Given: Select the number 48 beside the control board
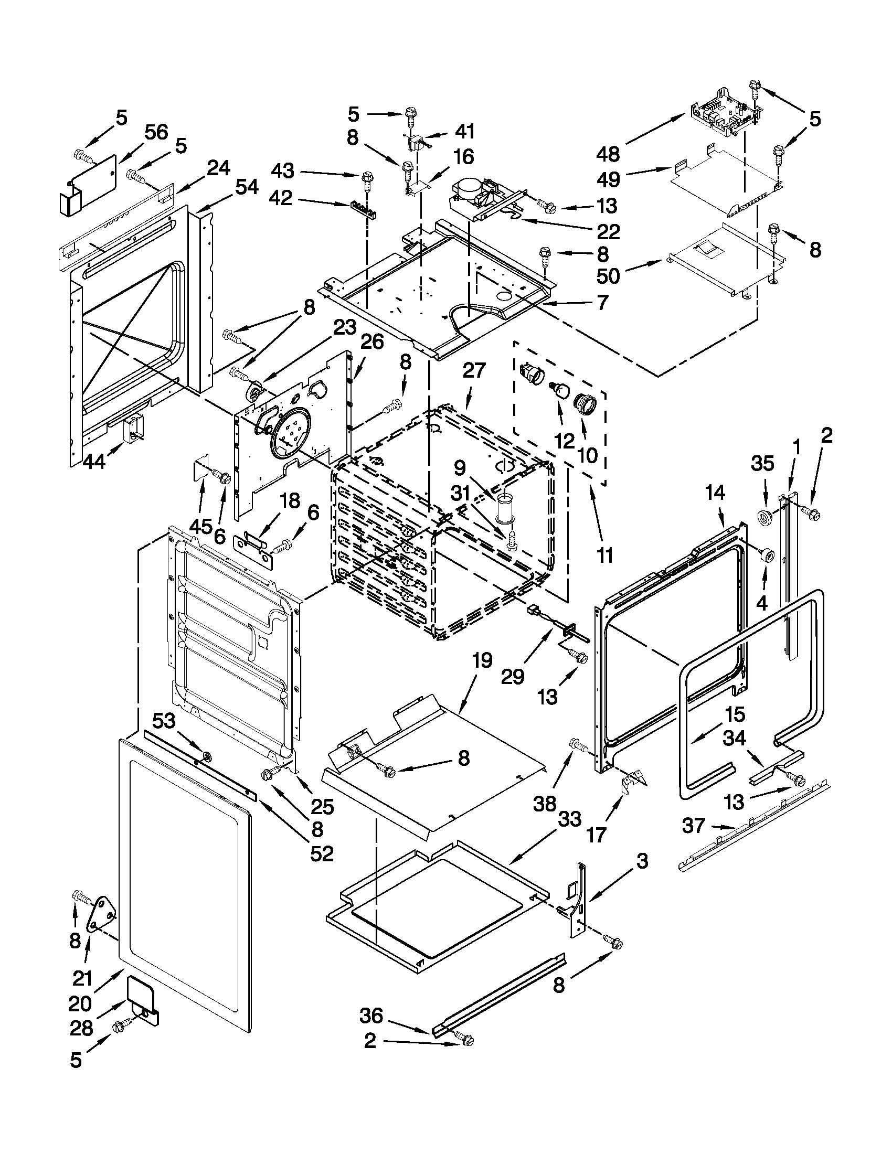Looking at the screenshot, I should [607, 154].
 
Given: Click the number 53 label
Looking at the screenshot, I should [164, 719].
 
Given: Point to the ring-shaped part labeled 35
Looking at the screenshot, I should [763, 517].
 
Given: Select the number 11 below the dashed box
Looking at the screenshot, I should [605, 555].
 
